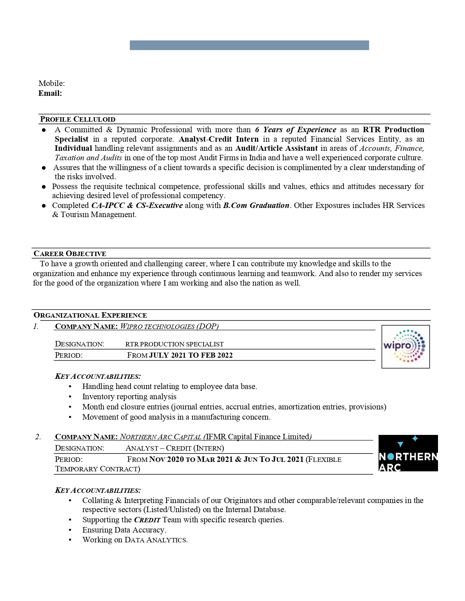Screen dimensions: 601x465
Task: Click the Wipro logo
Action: click(x=405, y=346)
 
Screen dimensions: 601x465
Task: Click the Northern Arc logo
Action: click(x=408, y=453)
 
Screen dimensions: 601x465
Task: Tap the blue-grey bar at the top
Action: click(x=249, y=45)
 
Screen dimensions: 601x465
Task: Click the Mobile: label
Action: click(x=51, y=83)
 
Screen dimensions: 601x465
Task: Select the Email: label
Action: click(x=50, y=93)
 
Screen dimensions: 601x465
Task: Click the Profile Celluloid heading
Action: click(x=77, y=119)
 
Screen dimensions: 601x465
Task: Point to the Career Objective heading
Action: click(x=70, y=254)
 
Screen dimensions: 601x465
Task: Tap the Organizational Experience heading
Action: click(x=90, y=315)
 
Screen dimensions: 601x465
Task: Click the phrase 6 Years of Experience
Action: click(x=295, y=130)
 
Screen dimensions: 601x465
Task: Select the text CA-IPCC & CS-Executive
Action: click(x=137, y=205)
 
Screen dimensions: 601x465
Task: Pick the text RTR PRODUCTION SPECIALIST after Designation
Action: click(x=174, y=344)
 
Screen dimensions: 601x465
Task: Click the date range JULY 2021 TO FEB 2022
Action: click(x=191, y=356)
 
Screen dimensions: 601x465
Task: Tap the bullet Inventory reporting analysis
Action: click(x=129, y=397)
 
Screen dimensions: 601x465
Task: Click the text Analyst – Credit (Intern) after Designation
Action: click(x=175, y=448)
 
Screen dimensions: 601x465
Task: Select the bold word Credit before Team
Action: click(x=147, y=520)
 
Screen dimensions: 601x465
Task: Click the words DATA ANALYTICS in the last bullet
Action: click(x=156, y=540)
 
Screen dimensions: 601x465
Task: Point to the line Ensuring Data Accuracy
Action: click(x=124, y=530)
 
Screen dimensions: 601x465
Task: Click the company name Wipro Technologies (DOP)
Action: click(x=169, y=326)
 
